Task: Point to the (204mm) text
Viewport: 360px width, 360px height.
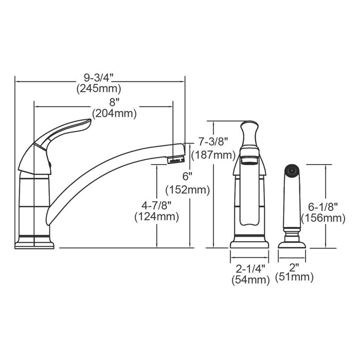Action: [114, 113]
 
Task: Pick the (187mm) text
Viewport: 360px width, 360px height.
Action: [212, 155]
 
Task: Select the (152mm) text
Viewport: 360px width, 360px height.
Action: [191, 190]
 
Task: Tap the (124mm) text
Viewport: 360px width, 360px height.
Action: [156, 217]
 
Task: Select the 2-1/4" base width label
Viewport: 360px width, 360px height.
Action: [250, 269]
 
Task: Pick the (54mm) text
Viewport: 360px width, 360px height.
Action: [250, 280]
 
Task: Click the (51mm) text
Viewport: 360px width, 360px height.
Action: [294, 278]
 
